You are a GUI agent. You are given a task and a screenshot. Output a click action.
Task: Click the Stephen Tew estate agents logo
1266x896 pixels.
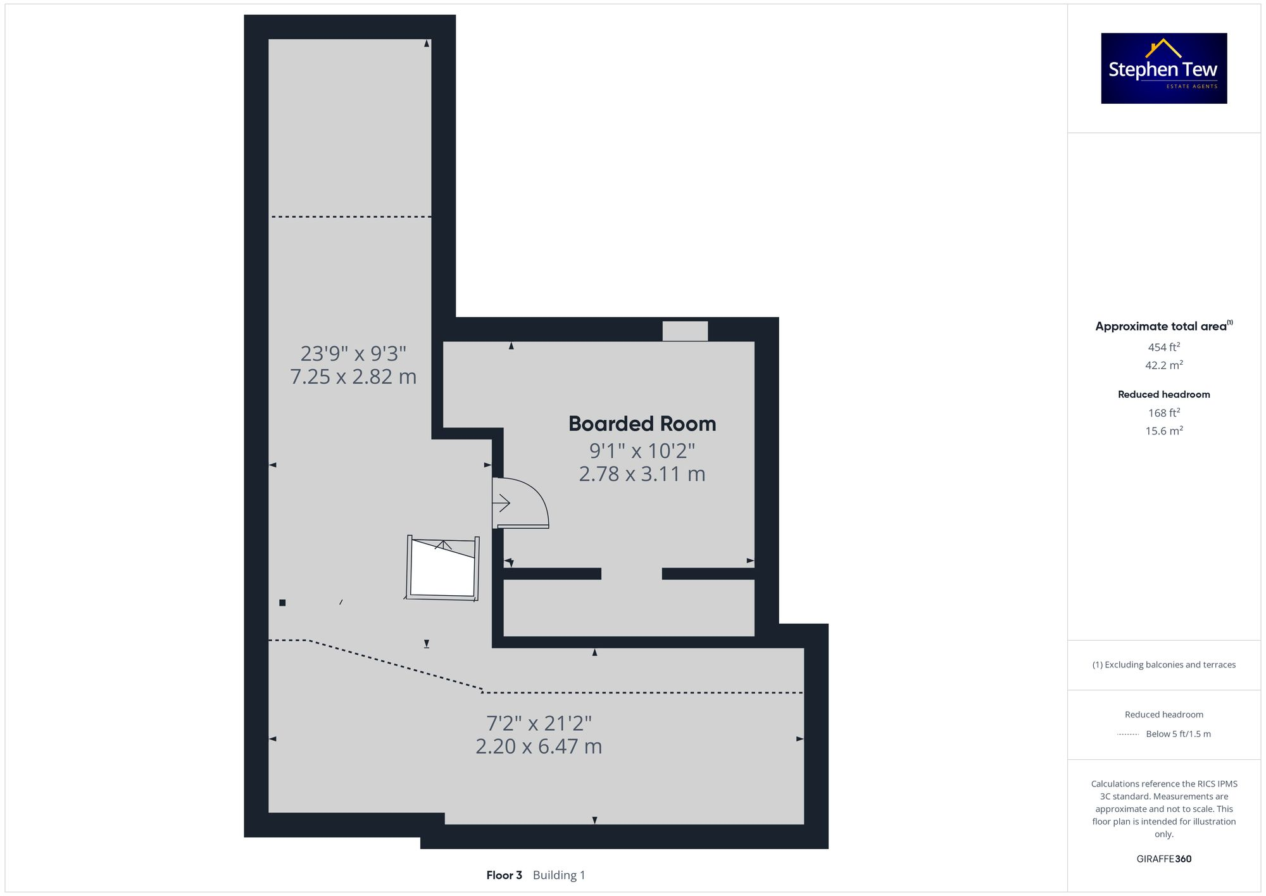[1163, 68]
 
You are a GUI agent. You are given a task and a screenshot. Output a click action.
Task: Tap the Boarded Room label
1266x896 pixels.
[642, 424]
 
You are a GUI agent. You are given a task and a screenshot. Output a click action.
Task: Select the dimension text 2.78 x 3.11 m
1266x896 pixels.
[642, 474]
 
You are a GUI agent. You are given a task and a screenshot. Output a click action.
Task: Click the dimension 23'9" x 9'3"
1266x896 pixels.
[353, 353]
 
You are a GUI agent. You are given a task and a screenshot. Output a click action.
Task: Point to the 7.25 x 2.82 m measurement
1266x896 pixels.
[353, 377]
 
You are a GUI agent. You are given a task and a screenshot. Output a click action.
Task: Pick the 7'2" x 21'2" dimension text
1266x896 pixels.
[539, 722]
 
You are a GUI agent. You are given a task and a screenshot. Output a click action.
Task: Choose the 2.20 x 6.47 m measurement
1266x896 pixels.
[539, 746]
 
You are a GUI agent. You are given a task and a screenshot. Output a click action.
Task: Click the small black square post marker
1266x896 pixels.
[282, 603]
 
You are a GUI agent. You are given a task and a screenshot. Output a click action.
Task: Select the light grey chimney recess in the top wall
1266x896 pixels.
[685, 331]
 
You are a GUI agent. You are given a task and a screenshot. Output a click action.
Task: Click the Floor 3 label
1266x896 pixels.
[504, 875]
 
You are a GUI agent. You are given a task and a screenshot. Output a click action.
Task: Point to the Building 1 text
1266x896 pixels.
[559, 875]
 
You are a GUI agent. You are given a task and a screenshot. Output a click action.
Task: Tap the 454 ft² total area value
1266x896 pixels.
[1163, 347]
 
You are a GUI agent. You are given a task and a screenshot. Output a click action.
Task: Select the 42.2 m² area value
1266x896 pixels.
[1163, 365]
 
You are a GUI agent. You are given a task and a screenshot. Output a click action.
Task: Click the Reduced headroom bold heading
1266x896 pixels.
[1163, 394]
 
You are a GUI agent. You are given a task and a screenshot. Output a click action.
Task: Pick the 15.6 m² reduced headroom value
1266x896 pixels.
[1163, 431]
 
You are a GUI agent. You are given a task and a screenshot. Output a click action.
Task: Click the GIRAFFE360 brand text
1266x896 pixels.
[1163, 859]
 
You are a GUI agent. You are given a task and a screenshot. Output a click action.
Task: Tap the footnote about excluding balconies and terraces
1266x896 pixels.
[1163, 665]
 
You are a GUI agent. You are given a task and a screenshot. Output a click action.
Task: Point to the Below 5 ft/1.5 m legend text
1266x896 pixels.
[1178, 734]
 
